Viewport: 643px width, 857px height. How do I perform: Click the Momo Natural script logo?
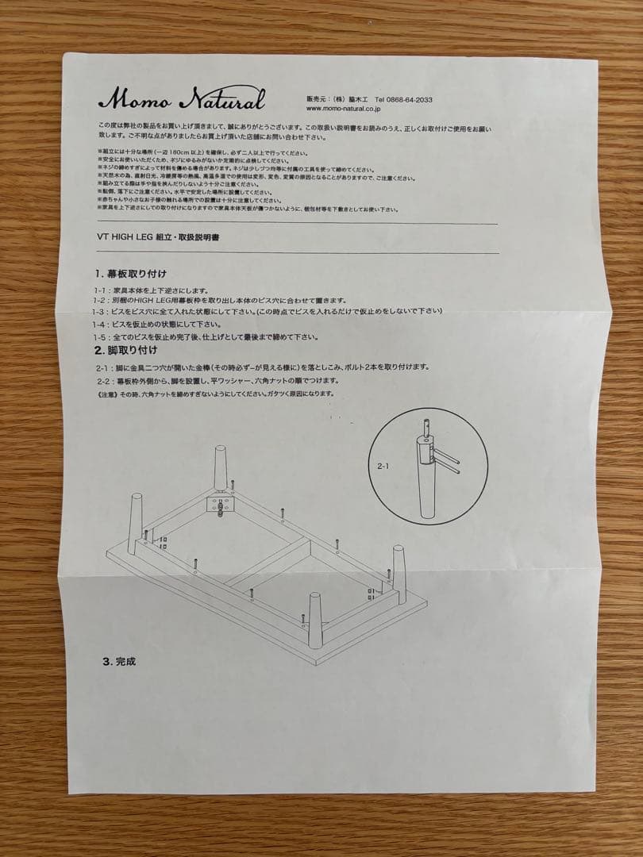[182, 100]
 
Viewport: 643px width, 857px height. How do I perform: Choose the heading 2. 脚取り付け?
[126, 350]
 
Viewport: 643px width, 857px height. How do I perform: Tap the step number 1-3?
[100, 312]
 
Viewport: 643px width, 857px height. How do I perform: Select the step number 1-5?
[100, 336]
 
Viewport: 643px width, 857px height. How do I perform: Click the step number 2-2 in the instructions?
[103, 382]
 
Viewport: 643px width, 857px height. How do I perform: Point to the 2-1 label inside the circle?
[383, 467]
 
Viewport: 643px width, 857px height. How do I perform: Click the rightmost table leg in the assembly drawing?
[398, 565]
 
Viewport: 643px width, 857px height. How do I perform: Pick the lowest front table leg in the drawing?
[315, 620]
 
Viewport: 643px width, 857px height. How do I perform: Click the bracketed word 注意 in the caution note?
[106, 394]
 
